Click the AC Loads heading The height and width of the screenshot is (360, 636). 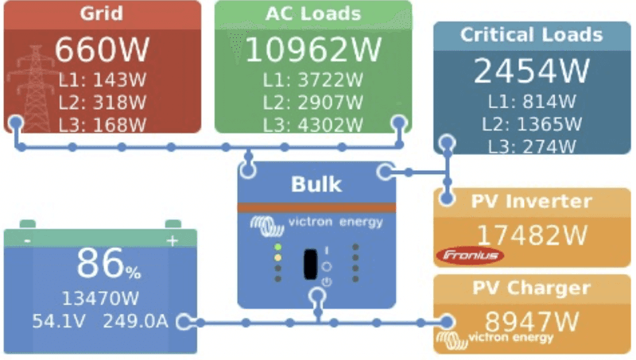point(312,14)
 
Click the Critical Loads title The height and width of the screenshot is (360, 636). point(532,35)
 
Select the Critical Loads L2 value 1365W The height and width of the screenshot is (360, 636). point(531,123)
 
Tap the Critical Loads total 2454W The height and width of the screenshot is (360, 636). point(532,72)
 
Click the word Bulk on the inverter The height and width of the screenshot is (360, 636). point(316,184)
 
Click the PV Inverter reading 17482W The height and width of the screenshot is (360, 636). point(532,234)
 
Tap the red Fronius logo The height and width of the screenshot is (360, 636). point(469,255)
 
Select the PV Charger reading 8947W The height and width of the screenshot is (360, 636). point(532,321)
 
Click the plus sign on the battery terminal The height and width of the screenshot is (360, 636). point(172,241)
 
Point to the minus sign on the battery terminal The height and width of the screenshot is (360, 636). point(27,241)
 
